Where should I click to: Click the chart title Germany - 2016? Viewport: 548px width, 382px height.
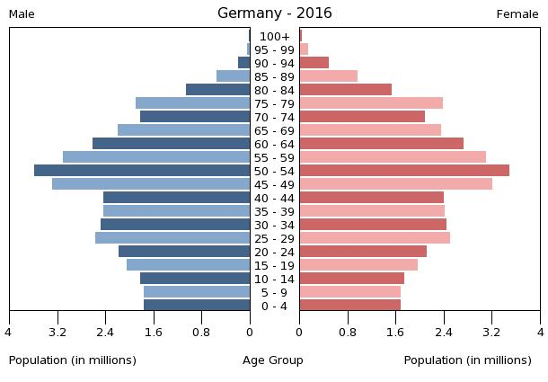point(274,13)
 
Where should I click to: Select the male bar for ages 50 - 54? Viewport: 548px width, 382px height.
point(142,170)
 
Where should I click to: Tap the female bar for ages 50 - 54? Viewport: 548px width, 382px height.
point(404,170)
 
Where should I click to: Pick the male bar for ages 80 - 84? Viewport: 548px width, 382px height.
point(217,89)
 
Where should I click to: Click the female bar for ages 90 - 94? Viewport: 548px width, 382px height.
point(314,62)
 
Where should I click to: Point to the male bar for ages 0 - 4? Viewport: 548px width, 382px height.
point(197,305)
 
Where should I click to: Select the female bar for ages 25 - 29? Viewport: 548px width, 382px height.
point(375,237)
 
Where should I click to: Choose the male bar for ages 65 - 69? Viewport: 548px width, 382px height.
point(183,129)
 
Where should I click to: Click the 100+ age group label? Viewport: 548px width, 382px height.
point(274,36)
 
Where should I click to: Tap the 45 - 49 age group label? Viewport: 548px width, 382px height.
point(274,184)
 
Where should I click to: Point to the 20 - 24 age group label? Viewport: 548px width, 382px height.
point(274,252)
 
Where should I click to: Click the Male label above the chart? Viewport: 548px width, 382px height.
point(22,14)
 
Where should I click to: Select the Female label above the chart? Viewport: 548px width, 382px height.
point(517,14)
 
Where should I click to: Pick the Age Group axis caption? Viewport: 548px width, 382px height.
point(273,360)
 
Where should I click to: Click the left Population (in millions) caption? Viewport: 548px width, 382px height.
point(73,360)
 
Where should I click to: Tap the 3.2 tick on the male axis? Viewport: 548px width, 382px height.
point(58,332)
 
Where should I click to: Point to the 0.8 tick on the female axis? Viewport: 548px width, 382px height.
point(347,332)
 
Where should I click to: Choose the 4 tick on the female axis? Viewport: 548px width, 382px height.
point(540,332)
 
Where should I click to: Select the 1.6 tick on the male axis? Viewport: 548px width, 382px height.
point(154,332)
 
